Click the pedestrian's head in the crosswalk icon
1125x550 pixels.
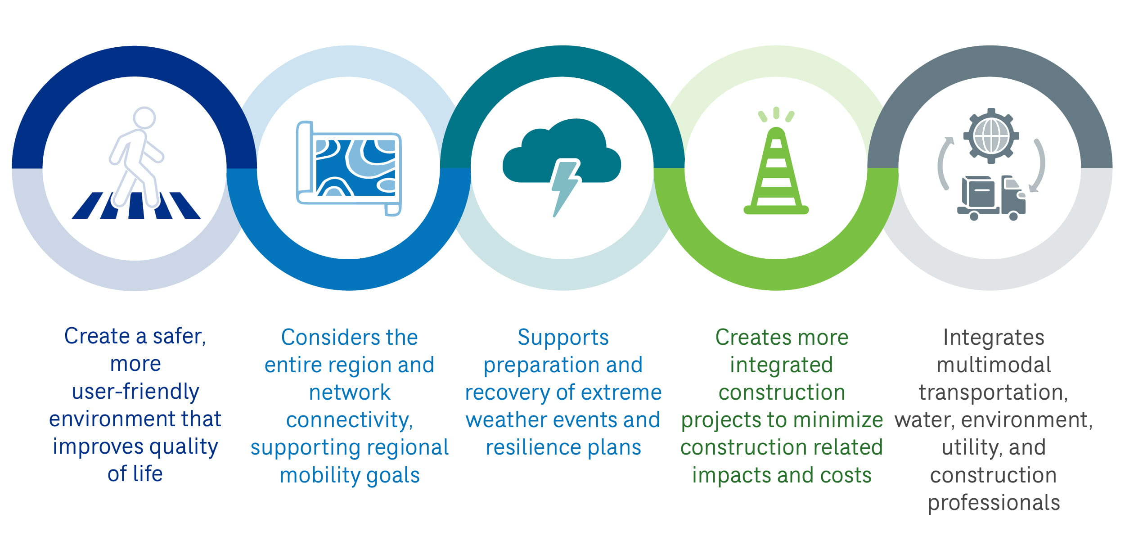click(144, 118)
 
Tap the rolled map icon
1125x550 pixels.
click(349, 168)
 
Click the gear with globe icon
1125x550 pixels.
click(991, 135)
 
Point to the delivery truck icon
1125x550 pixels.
click(991, 198)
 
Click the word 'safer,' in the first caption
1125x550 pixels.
click(179, 337)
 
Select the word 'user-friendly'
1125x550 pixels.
click(135, 392)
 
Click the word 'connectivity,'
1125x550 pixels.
click(349, 420)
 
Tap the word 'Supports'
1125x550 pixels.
click(563, 338)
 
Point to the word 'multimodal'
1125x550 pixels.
click(994, 365)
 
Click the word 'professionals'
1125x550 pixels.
click(994, 503)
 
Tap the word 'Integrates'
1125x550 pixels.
click(994, 338)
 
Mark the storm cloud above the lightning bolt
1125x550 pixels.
click(562, 150)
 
